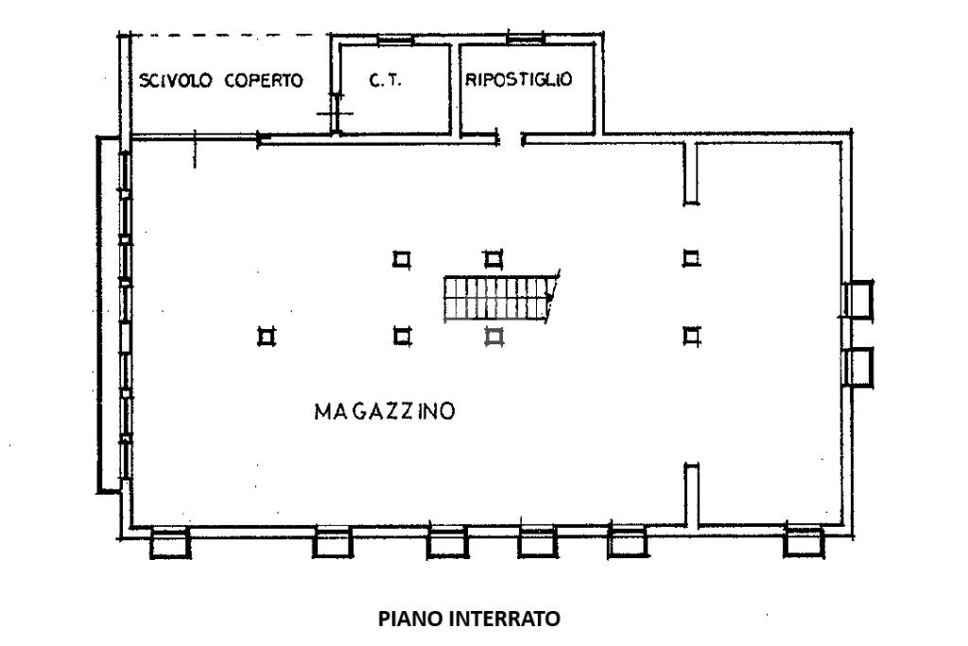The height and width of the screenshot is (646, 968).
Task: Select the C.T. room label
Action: click(x=385, y=81)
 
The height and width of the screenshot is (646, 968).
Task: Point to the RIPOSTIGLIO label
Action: click(x=518, y=80)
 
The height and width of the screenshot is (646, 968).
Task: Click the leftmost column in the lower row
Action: click(x=266, y=335)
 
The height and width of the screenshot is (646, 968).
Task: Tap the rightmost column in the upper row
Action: click(x=692, y=257)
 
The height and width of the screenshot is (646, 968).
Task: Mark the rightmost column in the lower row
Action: click(x=692, y=334)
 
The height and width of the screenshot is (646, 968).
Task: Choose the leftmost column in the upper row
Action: click(x=402, y=257)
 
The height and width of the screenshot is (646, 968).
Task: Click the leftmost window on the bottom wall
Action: click(x=170, y=542)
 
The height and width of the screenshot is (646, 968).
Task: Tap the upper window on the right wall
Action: click(x=859, y=300)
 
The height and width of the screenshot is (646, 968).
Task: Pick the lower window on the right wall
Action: click(x=859, y=365)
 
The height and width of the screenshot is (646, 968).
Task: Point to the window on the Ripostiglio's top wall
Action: click(x=527, y=37)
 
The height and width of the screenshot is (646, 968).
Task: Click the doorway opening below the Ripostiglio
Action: click(x=510, y=141)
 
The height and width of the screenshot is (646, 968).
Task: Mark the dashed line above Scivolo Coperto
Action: click(x=227, y=36)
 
